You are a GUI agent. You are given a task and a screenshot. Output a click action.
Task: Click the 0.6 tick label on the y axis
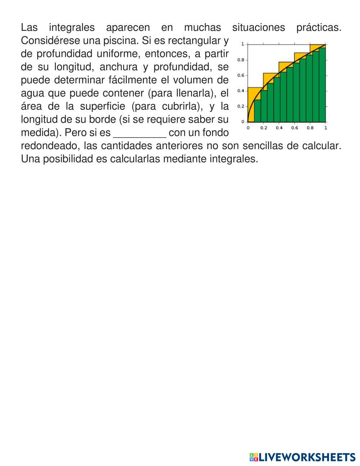click(x=241, y=75)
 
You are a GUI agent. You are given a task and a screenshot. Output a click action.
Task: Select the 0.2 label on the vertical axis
click(x=241, y=106)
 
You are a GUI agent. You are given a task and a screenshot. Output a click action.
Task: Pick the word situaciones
click(x=258, y=27)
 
